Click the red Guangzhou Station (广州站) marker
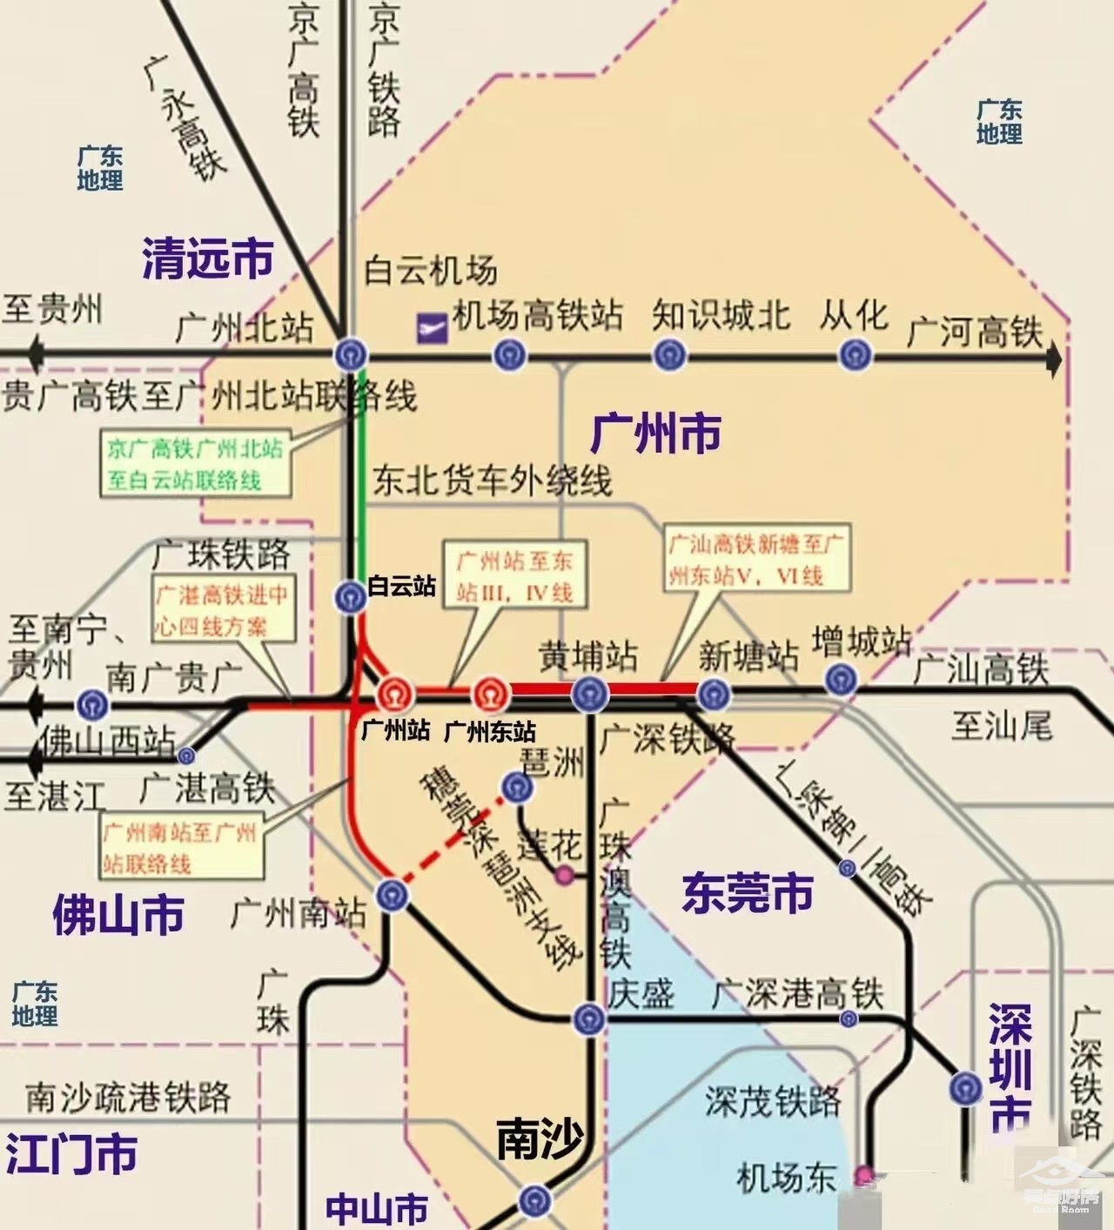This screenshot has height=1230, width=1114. (393, 695)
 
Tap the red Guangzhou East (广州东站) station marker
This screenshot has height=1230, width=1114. (490, 695)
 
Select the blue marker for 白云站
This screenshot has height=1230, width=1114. (351, 596)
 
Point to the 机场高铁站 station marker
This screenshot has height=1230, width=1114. (509, 355)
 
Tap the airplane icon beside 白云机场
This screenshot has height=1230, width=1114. (433, 328)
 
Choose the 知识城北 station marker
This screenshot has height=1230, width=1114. (669, 355)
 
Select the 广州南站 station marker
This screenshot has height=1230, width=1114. (392, 895)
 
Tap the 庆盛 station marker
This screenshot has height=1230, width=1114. (589, 1018)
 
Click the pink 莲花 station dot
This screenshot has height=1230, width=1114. (565, 874)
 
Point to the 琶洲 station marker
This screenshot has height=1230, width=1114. (517, 787)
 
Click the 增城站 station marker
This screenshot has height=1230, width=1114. (840, 679)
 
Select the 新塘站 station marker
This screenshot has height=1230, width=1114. (714, 694)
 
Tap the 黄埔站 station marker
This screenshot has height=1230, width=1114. (589, 694)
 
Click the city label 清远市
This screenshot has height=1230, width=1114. (207, 259)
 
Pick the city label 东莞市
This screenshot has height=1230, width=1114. (747, 893)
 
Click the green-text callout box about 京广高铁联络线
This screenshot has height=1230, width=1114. (195, 464)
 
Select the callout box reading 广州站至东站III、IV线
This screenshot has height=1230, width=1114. (514, 575)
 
